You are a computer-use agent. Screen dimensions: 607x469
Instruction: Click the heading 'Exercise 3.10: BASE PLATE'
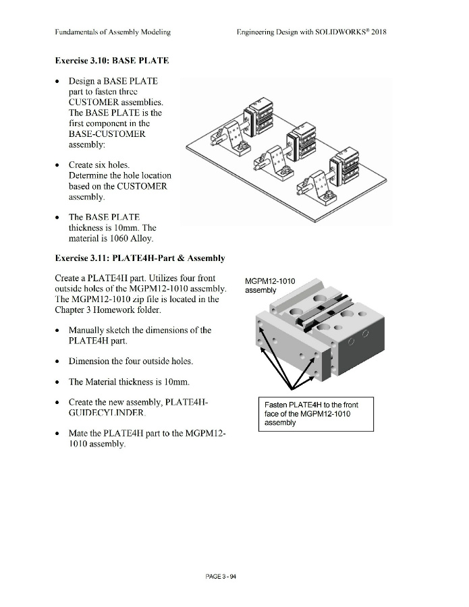[x=112, y=61]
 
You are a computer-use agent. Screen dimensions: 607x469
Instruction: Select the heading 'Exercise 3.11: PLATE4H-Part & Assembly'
[x=140, y=258]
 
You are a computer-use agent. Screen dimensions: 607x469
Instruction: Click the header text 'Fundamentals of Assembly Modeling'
[x=113, y=32]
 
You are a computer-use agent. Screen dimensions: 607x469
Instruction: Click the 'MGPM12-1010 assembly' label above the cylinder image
[x=270, y=285]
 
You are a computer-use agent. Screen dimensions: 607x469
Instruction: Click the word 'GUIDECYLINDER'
[x=106, y=413]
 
